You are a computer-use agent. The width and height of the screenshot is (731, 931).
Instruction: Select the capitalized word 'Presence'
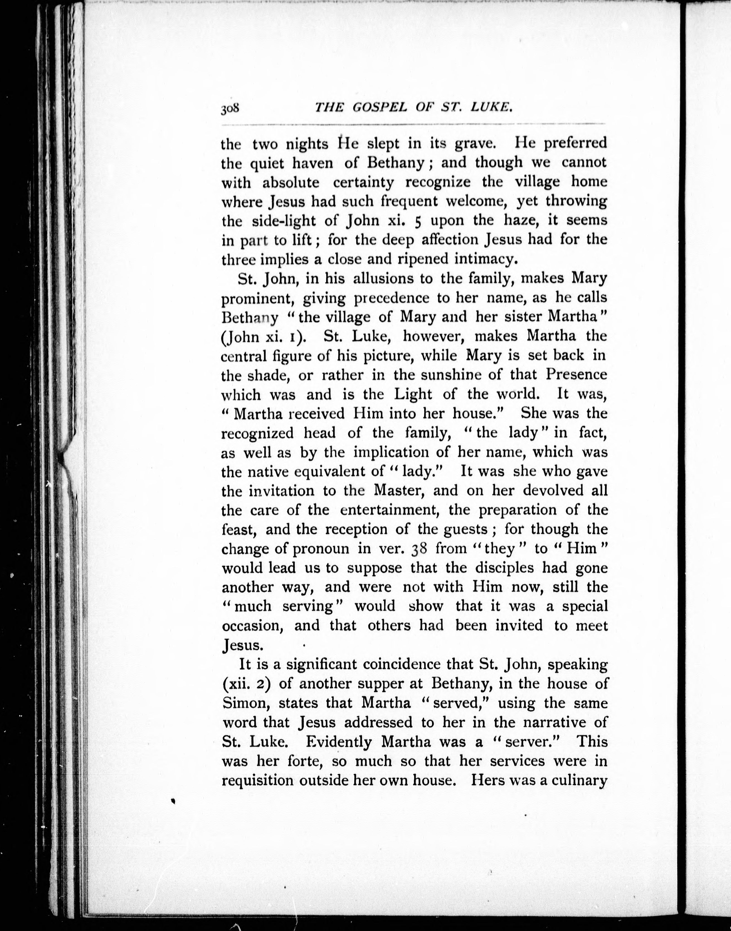(x=576, y=375)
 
